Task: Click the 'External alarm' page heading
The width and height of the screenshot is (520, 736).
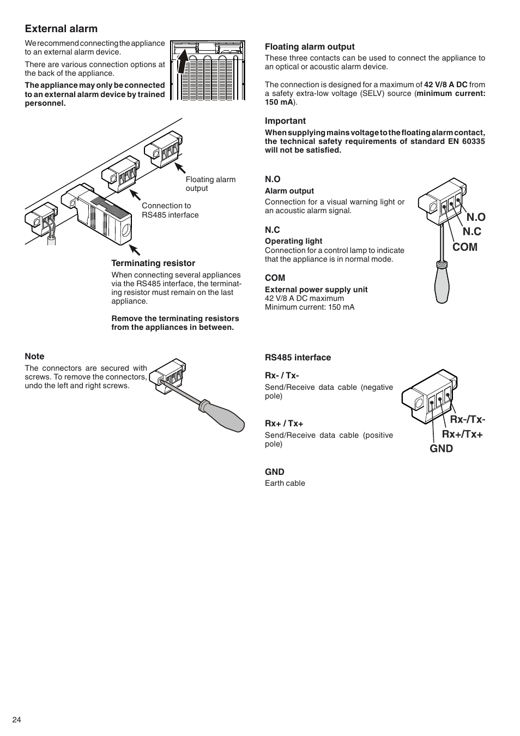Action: pos(61,29)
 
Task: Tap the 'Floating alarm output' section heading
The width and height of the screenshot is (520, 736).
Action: pos(310,47)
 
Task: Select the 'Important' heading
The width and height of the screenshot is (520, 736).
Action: pos(285,121)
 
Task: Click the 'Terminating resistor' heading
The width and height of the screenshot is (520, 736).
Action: pos(153,263)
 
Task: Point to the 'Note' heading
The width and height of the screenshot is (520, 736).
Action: pos(34,357)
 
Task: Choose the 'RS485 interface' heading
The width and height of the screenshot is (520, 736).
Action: pos(298,358)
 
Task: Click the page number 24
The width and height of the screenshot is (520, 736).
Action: pos(17,720)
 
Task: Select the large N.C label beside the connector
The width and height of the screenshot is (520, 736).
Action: pos(472,232)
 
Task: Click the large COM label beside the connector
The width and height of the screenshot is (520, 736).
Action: pos(464,247)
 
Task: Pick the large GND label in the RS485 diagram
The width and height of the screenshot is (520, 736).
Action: pos(441,449)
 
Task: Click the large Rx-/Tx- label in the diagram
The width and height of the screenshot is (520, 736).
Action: pos(467,419)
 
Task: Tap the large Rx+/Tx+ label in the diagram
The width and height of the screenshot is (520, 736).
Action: pos(462,434)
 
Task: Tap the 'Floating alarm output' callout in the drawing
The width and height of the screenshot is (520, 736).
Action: pos(210,184)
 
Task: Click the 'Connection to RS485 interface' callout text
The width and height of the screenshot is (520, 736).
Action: pos(170,210)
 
